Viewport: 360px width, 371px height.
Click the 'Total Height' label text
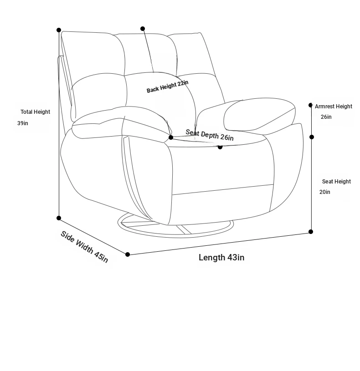(35, 112)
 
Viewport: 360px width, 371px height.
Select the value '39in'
(23, 123)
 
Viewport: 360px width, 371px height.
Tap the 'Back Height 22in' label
(167, 86)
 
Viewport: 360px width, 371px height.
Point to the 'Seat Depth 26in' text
(210, 135)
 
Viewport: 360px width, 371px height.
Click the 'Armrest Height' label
(334, 107)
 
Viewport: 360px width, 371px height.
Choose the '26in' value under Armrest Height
(326, 117)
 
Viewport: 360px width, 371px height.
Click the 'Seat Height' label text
(336, 182)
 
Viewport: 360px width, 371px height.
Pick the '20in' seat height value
(325, 192)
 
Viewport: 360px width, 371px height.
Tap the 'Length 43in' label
(221, 258)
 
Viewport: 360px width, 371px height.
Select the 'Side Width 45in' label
(85, 247)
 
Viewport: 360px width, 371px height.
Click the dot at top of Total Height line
(59, 30)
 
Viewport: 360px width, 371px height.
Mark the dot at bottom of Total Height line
(59, 218)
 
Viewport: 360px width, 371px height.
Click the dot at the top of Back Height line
(143, 29)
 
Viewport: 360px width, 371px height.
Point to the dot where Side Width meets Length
(128, 254)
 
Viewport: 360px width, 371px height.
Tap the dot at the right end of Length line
(311, 232)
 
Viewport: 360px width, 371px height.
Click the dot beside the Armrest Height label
(310, 105)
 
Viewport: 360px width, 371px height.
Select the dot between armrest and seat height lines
(312, 137)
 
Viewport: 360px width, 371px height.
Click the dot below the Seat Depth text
(220, 147)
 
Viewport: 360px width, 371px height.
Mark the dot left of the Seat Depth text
(171, 137)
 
